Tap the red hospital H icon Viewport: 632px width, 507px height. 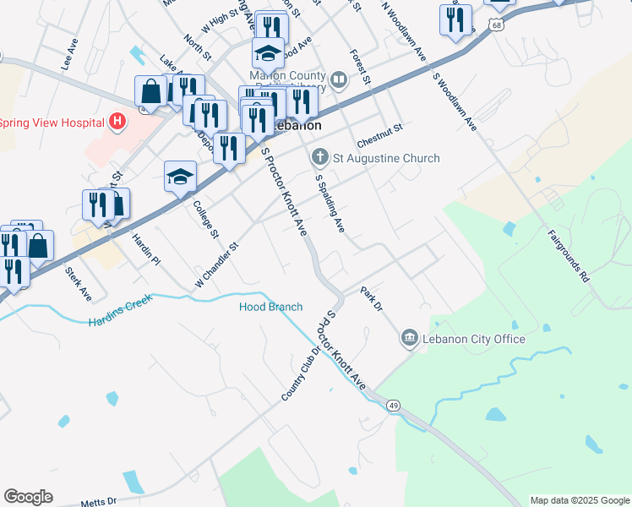[117, 122]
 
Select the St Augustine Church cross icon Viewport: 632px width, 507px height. [319, 157]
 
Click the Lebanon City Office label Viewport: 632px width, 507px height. [474, 339]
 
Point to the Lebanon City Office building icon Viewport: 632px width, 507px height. [409, 339]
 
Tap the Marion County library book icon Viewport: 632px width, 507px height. [339, 80]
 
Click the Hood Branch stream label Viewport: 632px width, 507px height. [270, 307]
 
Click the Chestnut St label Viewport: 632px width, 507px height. [380, 131]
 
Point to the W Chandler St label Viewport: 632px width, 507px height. [218, 265]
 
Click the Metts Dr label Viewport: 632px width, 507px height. [99, 502]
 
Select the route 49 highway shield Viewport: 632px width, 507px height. [394, 406]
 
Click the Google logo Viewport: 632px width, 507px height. [28, 497]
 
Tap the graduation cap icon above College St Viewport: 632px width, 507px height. [179, 177]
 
